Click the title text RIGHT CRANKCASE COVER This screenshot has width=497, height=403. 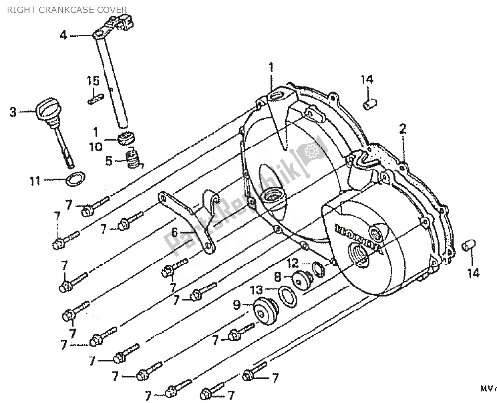tap(67, 10)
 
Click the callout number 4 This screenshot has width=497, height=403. tap(63, 35)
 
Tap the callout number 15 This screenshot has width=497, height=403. tap(93, 81)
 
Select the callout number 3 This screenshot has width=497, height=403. tap(13, 112)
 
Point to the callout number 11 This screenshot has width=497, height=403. tap(35, 181)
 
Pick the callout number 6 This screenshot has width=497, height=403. tap(175, 232)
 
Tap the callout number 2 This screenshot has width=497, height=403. tap(403, 129)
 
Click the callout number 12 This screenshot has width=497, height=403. tap(293, 264)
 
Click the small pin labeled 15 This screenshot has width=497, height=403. tap(96, 100)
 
